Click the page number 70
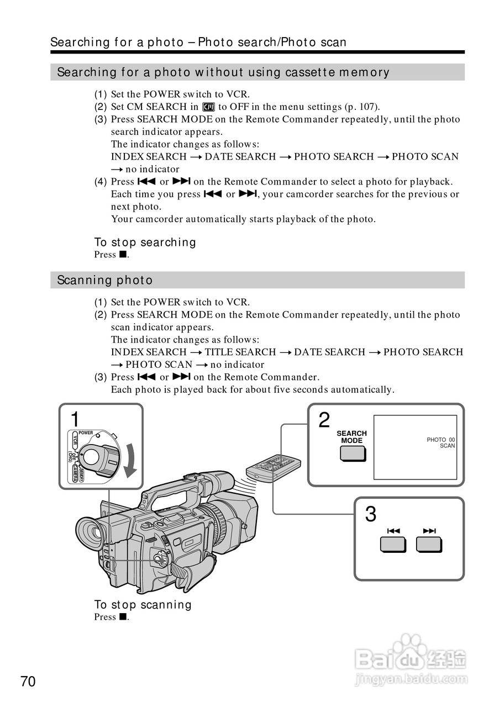click(28, 681)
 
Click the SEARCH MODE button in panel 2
click(352, 453)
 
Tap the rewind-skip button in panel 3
click(393, 544)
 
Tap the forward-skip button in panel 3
click(429, 544)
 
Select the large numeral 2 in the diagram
click(324, 420)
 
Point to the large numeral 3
click(371, 515)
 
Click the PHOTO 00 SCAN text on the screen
click(441, 442)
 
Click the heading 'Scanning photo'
click(105, 280)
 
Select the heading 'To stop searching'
click(145, 242)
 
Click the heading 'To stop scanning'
click(143, 605)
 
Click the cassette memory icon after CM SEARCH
click(208, 107)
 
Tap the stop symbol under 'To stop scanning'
click(123, 617)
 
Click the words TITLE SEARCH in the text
click(240, 352)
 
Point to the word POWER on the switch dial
click(85, 433)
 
